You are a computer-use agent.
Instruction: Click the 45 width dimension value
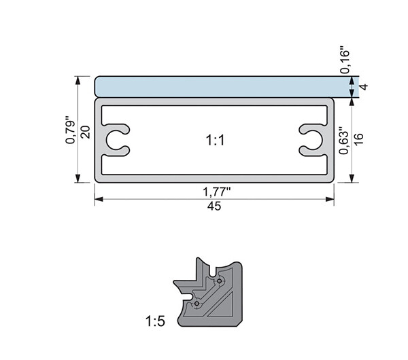coord(214,206)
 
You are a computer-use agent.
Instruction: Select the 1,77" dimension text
coord(216,192)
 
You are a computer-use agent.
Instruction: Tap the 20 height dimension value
coord(86,132)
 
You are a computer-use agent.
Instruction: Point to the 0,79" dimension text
coord(70,132)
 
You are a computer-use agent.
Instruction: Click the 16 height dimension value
coord(358,139)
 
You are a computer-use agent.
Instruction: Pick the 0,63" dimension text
coord(343,141)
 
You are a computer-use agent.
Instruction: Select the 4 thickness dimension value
coord(364,86)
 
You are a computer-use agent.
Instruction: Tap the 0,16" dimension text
coord(345,60)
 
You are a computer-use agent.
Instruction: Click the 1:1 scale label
coord(215,141)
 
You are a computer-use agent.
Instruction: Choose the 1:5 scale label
coord(155,321)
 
